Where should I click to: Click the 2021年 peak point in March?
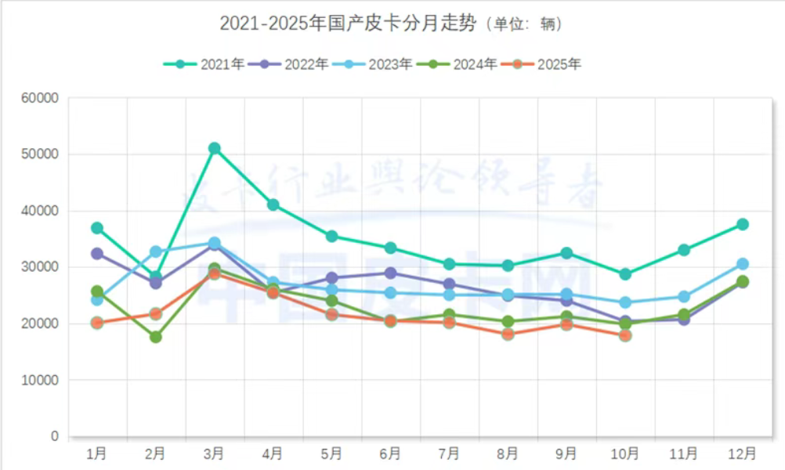coord(214,148)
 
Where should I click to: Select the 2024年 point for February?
coord(155,337)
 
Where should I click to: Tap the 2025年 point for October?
coord(625,335)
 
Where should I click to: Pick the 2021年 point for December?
coord(743,224)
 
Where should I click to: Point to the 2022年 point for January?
coord(97,254)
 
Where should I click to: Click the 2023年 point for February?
coord(155,251)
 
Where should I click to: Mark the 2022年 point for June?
coord(390,273)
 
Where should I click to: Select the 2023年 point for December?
coord(743,264)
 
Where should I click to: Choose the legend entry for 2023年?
coord(372,64)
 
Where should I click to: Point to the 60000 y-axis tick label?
coord(42,99)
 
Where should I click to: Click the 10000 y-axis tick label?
coord(42,380)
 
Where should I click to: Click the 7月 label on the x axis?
coord(449,454)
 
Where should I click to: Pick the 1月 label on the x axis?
coord(97,454)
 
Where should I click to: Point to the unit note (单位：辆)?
coord(523,25)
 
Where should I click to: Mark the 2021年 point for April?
coord(273,204)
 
